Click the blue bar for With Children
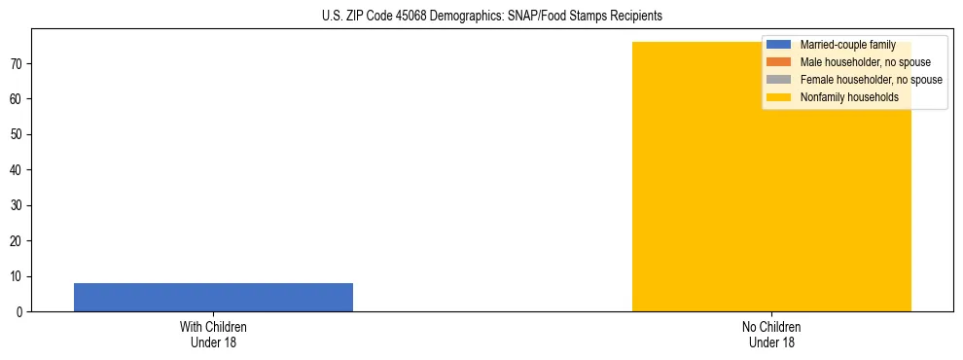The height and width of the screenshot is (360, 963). (213, 297)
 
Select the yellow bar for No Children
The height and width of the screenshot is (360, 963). (771, 195)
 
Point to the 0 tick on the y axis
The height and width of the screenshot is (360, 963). (20, 311)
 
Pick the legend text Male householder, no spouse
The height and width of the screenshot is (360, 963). (865, 62)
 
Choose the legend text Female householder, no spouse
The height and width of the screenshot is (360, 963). (871, 80)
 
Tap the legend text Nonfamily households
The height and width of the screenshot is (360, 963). (849, 97)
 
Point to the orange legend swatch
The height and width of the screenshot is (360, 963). (779, 62)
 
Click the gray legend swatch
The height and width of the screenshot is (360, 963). (779, 80)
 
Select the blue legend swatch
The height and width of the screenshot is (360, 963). (779, 45)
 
